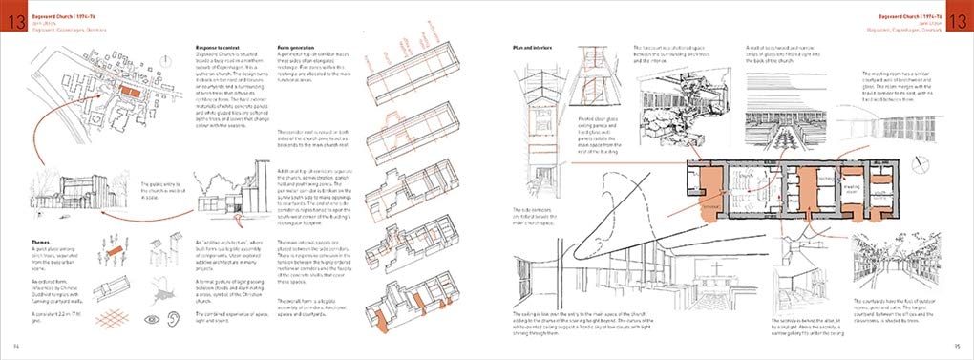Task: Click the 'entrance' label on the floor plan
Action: point(711,206)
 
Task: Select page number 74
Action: point(15,346)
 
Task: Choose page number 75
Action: point(958,346)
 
